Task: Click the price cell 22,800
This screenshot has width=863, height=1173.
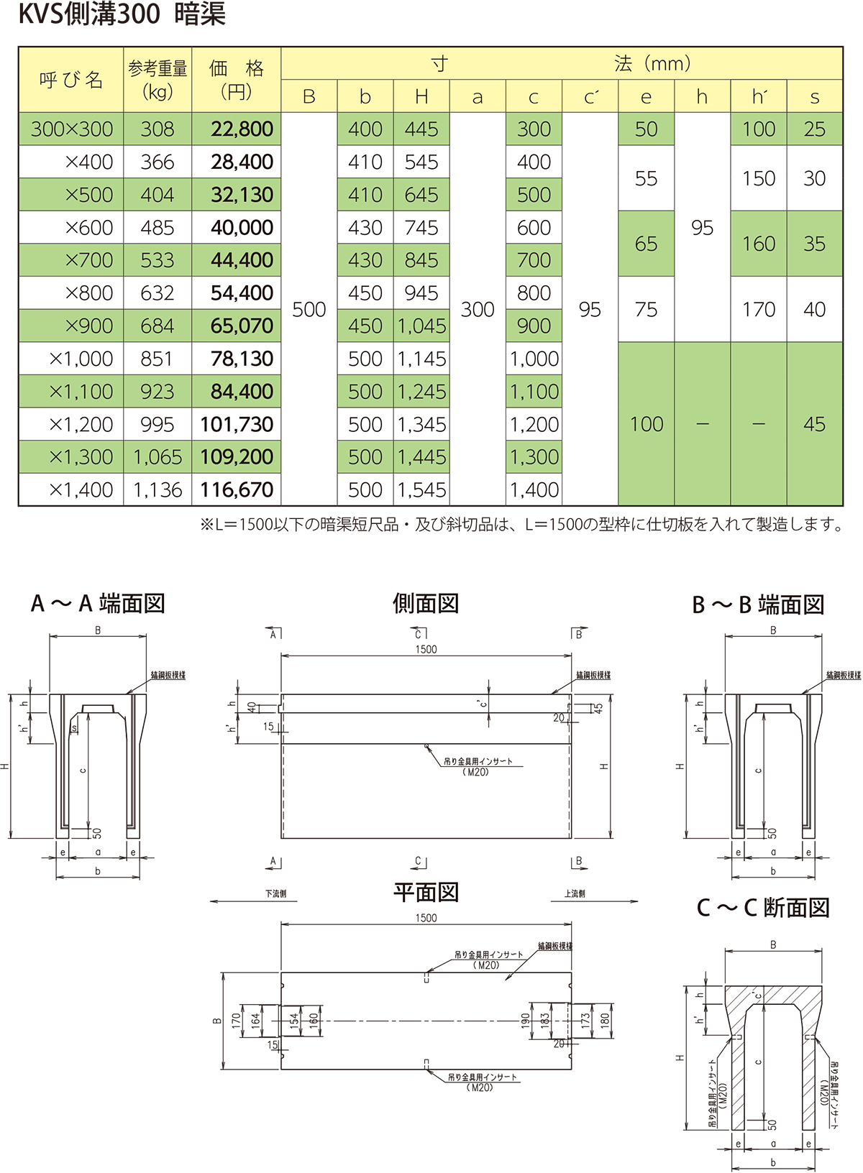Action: click(x=242, y=129)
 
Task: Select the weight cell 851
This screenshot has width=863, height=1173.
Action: click(x=157, y=359)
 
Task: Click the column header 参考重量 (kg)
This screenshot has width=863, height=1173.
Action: click(x=157, y=80)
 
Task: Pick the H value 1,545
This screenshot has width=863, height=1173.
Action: click(x=421, y=490)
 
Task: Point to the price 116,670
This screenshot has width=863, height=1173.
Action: click(x=237, y=490)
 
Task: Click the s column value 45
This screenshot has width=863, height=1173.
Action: click(x=814, y=424)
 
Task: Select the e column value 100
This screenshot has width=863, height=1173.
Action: click(x=646, y=424)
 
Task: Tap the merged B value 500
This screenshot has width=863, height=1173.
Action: click(x=309, y=310)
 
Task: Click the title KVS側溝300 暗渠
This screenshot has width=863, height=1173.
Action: click(x=122, y=15)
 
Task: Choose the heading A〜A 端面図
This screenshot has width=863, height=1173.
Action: click(x=98, y=603)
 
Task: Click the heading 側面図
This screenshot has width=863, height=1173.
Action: click(x=426, y=603)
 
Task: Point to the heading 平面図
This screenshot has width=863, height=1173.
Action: click(x=426, y=893)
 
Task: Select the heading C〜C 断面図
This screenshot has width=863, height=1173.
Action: click(x=763, y=908)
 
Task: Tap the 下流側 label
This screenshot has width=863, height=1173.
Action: click(x=275, y=894)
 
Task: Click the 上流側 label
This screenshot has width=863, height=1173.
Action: click(x=575, y=894)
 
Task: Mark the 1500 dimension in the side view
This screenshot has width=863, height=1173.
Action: click(x=426, y=650)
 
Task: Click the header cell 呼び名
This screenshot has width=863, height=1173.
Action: click(x=70, y=80)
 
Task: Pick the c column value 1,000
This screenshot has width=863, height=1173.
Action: click(x=534, y=359)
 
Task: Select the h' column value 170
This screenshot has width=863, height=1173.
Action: click(x=758, y=310)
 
